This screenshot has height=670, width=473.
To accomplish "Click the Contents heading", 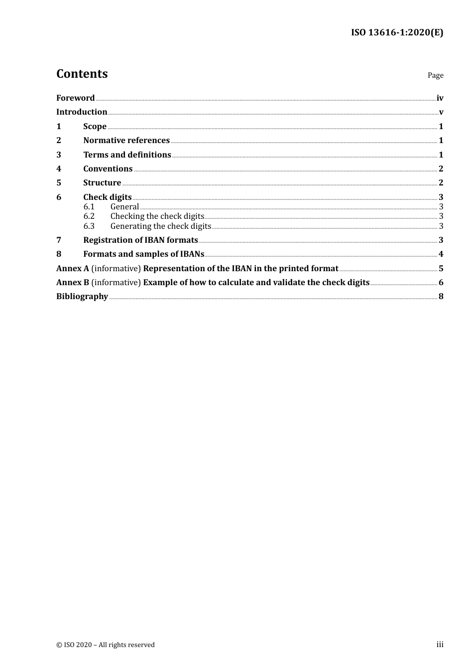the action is pos(82,74).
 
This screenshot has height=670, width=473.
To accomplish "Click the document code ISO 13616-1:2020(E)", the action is pos(397,32).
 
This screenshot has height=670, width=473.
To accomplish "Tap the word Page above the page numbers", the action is pos(435,75).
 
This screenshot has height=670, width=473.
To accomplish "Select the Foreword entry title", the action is pos(75,98).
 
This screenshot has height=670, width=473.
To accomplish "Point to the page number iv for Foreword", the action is pos(440,98).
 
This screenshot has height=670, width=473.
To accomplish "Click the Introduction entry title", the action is pos(82,112).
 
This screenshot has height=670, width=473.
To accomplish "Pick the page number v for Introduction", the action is pos(441,112).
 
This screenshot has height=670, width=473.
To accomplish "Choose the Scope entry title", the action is pos(95,126).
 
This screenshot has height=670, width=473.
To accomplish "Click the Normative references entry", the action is pos(126,140).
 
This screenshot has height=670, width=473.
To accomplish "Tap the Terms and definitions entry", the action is pos(127,155).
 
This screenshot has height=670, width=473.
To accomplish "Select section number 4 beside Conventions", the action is pos(59,168).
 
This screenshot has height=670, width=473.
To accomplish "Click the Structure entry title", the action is pos(102,182).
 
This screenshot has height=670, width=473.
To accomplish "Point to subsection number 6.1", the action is pos(89,206).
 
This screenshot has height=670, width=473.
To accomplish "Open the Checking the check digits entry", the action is pos(157,216).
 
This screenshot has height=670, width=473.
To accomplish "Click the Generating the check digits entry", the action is pos(160,226).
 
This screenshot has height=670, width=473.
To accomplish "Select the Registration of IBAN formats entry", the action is pos(140,240).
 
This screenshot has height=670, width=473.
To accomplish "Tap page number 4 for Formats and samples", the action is pos(441,254).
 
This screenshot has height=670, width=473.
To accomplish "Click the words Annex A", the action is pos(73,268).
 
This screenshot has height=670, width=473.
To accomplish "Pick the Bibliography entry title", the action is pos(82,296).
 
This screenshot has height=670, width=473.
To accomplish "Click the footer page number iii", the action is pos(440,644).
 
